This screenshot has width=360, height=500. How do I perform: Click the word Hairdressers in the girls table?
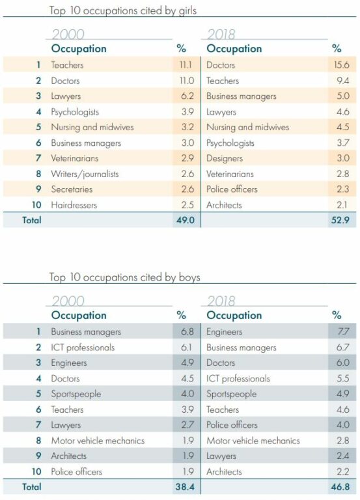tap(74, 204)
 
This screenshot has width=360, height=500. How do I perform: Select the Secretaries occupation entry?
tap(72, 189)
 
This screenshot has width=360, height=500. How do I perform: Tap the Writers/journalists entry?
tap(85, 174)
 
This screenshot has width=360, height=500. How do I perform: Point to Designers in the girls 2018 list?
tap(225, 158)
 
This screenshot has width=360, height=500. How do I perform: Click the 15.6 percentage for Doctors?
tap(342, 64)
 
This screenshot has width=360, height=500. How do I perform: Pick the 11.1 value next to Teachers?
tap(186, 64)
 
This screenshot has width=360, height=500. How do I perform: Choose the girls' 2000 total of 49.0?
tap(186, 220)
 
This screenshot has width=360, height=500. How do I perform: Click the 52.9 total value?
tap(340, 220)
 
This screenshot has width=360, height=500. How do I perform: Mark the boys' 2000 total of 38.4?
tap(185, 487)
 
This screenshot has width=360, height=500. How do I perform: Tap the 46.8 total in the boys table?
tap(340, 487)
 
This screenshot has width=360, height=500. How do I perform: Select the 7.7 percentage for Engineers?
tap(343, 331)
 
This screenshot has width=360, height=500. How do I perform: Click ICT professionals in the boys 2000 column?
tap(83, 347)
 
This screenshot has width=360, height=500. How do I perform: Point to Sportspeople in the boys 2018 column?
tap(232, 394)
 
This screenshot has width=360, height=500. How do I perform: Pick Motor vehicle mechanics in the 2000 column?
tap(98, 441)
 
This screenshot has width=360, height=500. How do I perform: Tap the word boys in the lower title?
tap(189, 277)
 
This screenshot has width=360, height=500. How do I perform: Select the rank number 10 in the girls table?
tap(36, 204)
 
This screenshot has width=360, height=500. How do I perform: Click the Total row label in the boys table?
tap(31, 487)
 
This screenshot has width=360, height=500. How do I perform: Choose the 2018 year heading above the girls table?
tap(221, 34)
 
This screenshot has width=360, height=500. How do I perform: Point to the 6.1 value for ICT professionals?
tap(187, 347)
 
